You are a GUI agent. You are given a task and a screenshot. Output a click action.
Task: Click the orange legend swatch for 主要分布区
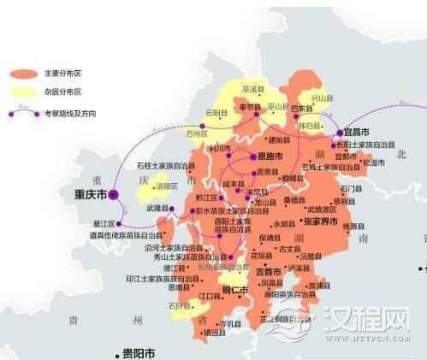pyautogui.click(x=25, y=74)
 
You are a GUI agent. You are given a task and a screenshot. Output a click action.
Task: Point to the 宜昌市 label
pyautogui.click(x=357, y=133)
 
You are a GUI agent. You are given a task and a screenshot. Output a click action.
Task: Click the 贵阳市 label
pyautogui.click(x=138, y=352)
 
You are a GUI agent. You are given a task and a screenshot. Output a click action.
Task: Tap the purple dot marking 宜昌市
pyautogui.click(x=340, y=133)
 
